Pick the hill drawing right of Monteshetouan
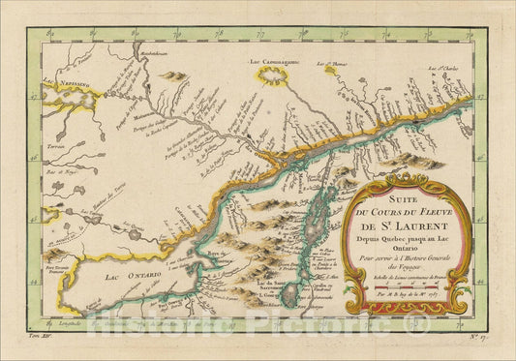175,75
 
